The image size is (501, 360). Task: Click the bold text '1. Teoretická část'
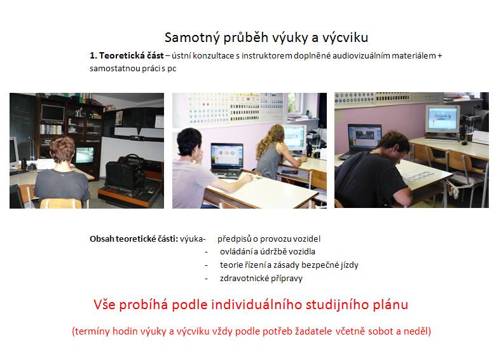[127, 55]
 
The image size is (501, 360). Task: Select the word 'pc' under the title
[172, 69]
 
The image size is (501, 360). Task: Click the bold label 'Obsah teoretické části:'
[134, 239]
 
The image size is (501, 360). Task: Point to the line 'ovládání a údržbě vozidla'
[268, 252]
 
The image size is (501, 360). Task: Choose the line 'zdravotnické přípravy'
[261, 279]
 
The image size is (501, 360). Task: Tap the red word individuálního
[257, 305]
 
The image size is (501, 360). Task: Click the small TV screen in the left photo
[85, 155]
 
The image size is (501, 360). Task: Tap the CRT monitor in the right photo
[443, 121]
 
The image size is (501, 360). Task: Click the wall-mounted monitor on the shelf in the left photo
[53, 113]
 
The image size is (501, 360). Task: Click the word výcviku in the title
[345, 38]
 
